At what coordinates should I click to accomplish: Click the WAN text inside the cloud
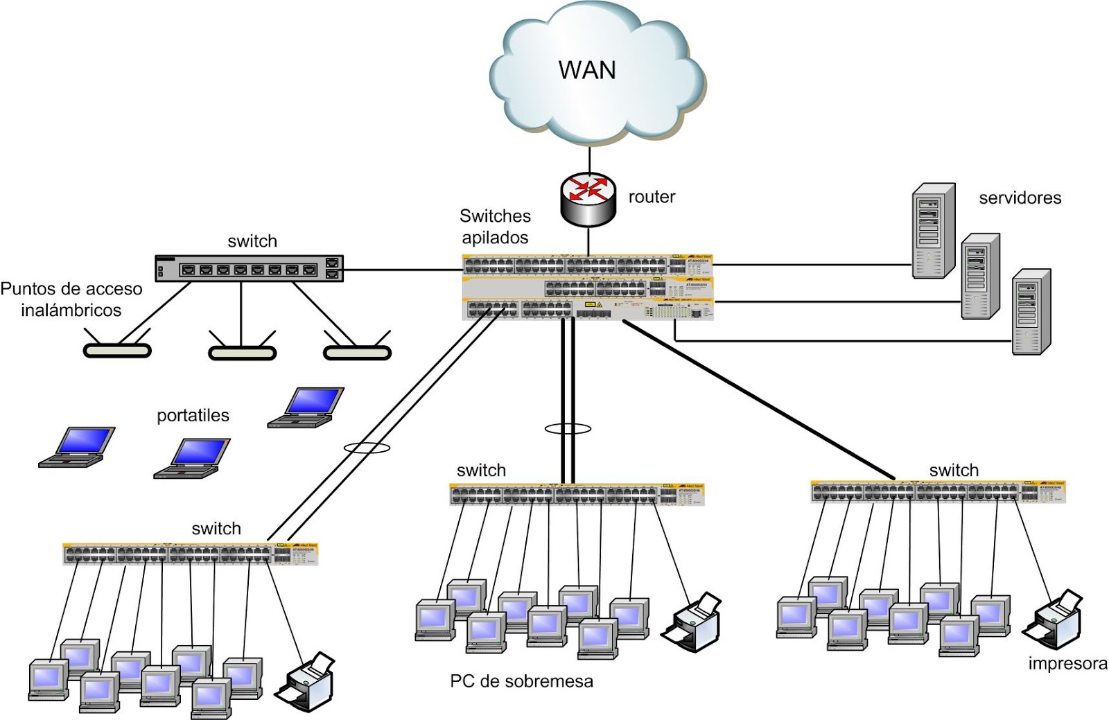tap(587, 70)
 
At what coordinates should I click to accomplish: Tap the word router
tap(652, 197)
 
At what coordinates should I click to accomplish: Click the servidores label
tap(1020, 198)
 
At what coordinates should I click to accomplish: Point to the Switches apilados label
tap(495, 227)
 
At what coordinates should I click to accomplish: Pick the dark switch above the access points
tap(249, 268)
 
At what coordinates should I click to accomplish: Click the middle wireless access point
tap(242, 352)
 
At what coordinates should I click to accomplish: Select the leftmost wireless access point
tap(117, 350)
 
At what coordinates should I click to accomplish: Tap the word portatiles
tap(193, 416)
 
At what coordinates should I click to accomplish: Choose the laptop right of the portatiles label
tap(306, 407)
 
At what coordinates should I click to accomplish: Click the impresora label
tap(1067, 664)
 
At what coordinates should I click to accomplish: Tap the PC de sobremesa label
tap(521, 682)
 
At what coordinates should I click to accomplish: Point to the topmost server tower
tap(933, 231)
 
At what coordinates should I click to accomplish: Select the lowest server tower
tap(1031, 312)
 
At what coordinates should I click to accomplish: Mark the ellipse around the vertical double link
tap(568, 429)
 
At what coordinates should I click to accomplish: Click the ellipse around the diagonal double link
tap(367, 448)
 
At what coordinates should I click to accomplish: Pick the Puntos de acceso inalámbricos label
tap(71, 299)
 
